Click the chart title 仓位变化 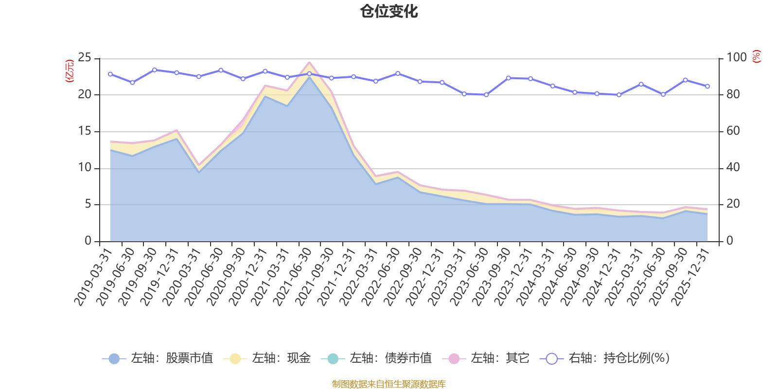[x=389, y=11]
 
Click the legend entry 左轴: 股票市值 [x=158, y=358]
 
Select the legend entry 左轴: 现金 [x=267, y=358]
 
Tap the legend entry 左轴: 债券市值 [x=376, y=358]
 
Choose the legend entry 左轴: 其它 [x=486, y=358]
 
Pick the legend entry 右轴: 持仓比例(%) [x=605, y=358]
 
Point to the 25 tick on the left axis [x=85, y=58]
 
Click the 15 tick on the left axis [x=85, y=131]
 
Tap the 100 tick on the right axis [x=736, y=58]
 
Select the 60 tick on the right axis [x=733, y=131]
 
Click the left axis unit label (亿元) [x=70, y=71]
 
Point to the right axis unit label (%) [x=757, y=56]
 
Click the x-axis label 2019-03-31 [x=93, y=276]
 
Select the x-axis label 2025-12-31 [x=690, y=276]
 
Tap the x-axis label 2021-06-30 [x=292, y=276]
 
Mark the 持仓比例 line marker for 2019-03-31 [x=110, y=74]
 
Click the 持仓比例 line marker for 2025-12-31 [x=707, y=86]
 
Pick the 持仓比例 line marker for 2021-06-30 [x=309, y=74]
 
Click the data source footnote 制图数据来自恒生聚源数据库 [x=389, y=384]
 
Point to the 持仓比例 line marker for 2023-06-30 [x=486, y=95]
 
